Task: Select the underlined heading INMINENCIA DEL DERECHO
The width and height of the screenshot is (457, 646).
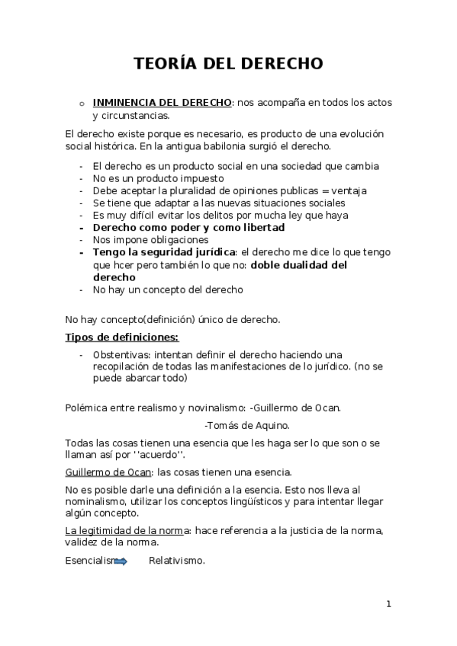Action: (162, 103)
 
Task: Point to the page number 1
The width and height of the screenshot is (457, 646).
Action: (388, 605)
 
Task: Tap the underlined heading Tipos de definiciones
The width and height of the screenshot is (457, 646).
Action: (123, 337)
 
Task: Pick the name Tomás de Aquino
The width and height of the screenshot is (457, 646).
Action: (248, 425)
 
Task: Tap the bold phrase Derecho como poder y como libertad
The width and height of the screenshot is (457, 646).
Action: (188, 228)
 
